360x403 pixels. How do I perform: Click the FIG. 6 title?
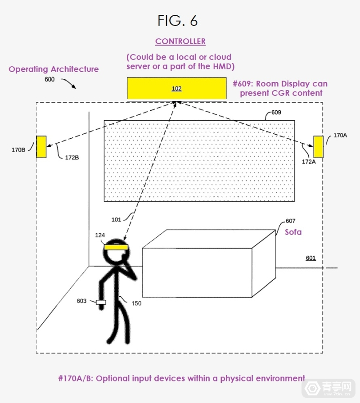point(177,20)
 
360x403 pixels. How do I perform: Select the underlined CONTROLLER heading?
point(180,41)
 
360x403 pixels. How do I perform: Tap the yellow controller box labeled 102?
point(176,88)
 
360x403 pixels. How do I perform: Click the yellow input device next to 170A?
point(318,146)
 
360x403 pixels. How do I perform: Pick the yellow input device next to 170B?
point(41,146)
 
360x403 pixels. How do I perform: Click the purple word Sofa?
point(293,232)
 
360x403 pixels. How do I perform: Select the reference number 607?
point(290,222)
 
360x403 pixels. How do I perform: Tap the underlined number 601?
point(310,258)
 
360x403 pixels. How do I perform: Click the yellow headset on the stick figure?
point(117,247)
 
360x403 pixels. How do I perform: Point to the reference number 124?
point(100,235)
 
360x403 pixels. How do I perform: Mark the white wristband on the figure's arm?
point(101,302)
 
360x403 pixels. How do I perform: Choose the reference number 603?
point(81,301)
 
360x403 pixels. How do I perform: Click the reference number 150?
point(136,303)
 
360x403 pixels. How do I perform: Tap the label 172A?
point(309,161)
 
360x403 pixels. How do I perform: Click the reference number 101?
point(117,219)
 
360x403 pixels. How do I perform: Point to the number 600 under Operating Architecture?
point(49,80)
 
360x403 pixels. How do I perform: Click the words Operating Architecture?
point(54,69)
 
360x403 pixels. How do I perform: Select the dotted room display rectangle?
point(199,161)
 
